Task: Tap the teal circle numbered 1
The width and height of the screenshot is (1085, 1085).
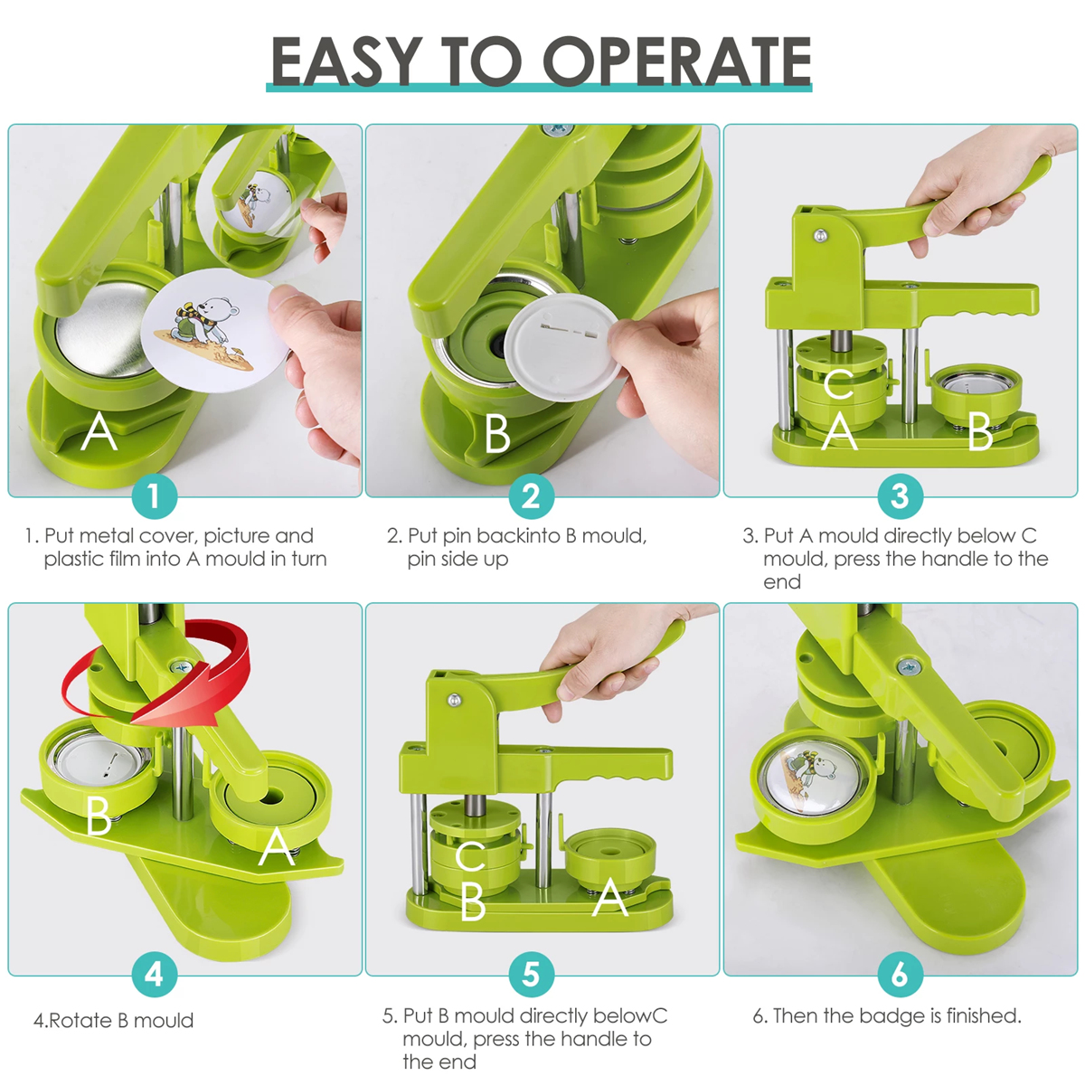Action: tap(155, 496)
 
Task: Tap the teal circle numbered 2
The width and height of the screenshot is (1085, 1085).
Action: tap(531, 496)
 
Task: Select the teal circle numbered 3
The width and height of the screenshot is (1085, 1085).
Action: tap(900, 496)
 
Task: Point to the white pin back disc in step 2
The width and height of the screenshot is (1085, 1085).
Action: tap(561, 350)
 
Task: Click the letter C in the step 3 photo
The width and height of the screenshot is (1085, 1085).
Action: tap(838, 384)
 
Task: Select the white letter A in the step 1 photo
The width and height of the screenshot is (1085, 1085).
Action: tap(99, 431)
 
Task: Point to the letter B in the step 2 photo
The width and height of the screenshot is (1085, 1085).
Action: tap(497, 434)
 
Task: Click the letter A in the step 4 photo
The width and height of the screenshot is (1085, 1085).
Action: tap(277, 847)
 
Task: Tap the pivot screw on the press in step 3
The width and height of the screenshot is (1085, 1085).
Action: tap(821, 235)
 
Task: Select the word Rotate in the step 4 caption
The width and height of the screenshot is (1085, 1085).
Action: tap(80, 1020)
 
